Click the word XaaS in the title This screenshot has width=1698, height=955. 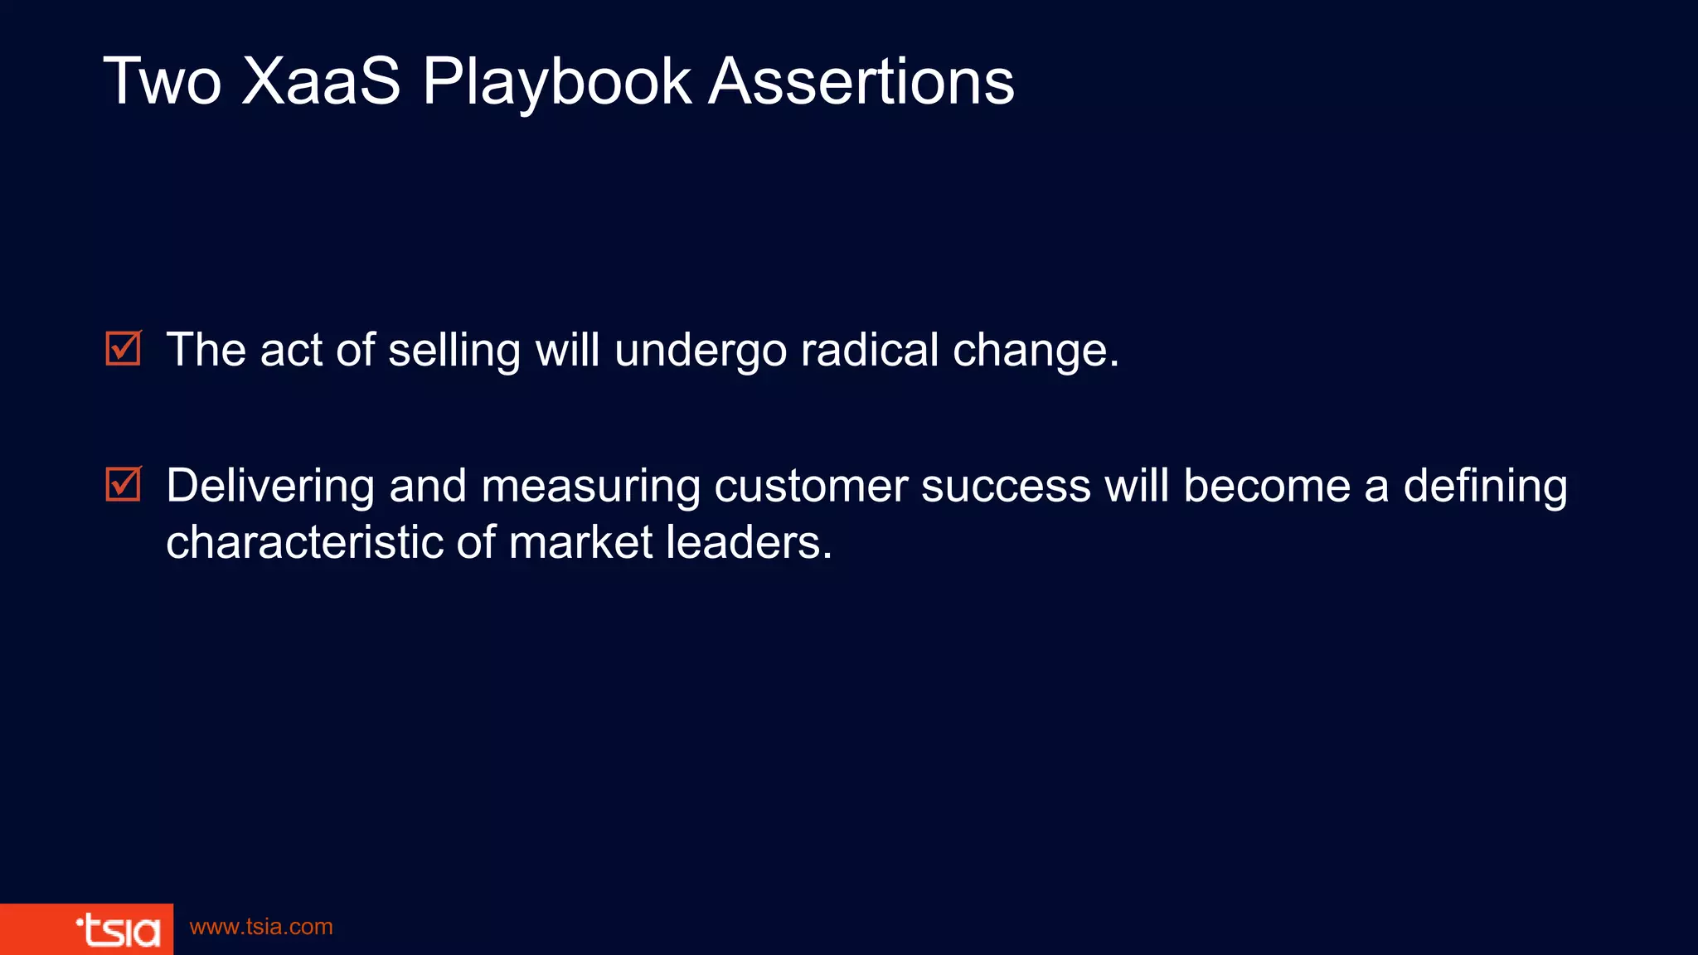321,81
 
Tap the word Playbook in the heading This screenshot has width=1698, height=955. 556,83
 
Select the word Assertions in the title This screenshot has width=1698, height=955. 861,81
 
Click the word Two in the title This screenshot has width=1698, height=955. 163,81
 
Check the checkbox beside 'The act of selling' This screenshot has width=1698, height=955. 124,348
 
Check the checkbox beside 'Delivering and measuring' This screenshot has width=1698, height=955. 124,484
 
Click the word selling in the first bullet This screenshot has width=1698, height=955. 454,350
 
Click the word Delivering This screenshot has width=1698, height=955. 270,487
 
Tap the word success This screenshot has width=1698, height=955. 1006,486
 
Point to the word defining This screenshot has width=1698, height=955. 1485,487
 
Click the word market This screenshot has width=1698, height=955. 580,542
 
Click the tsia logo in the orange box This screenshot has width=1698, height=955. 118,930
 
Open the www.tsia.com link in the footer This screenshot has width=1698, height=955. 261,927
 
